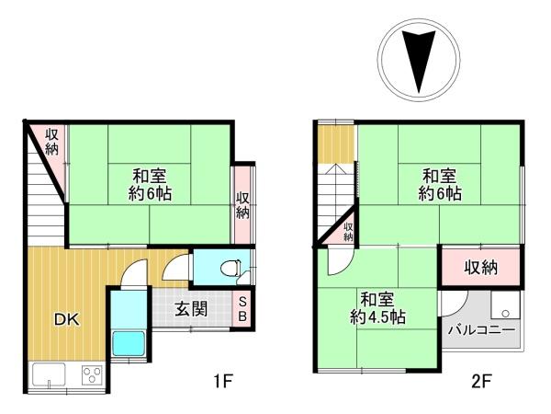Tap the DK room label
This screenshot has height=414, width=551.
65,320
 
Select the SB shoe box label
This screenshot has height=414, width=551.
243,307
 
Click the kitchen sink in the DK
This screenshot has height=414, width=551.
49,374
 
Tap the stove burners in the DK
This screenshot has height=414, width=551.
92,374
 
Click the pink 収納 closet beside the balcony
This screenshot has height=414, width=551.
480,268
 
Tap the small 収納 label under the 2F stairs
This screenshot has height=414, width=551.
349,232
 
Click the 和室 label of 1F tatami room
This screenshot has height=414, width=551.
148,176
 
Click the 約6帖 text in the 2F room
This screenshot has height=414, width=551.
440,194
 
